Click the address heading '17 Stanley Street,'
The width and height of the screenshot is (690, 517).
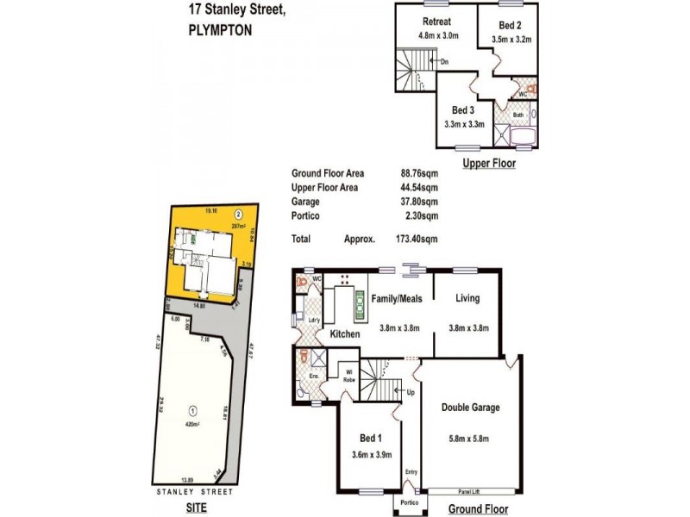click(x=235, y=11)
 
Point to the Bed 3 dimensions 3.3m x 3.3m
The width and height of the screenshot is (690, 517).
click(x=463, y=124)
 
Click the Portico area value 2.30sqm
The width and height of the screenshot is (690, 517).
click(x=420, y=216)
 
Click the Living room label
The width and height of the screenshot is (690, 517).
click(x=469, y=299)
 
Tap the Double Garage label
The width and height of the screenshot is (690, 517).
click(x=470, y=408)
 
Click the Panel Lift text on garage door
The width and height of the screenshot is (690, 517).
click(x=470, y=490)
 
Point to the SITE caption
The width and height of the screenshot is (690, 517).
click(x=197, y=509)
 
